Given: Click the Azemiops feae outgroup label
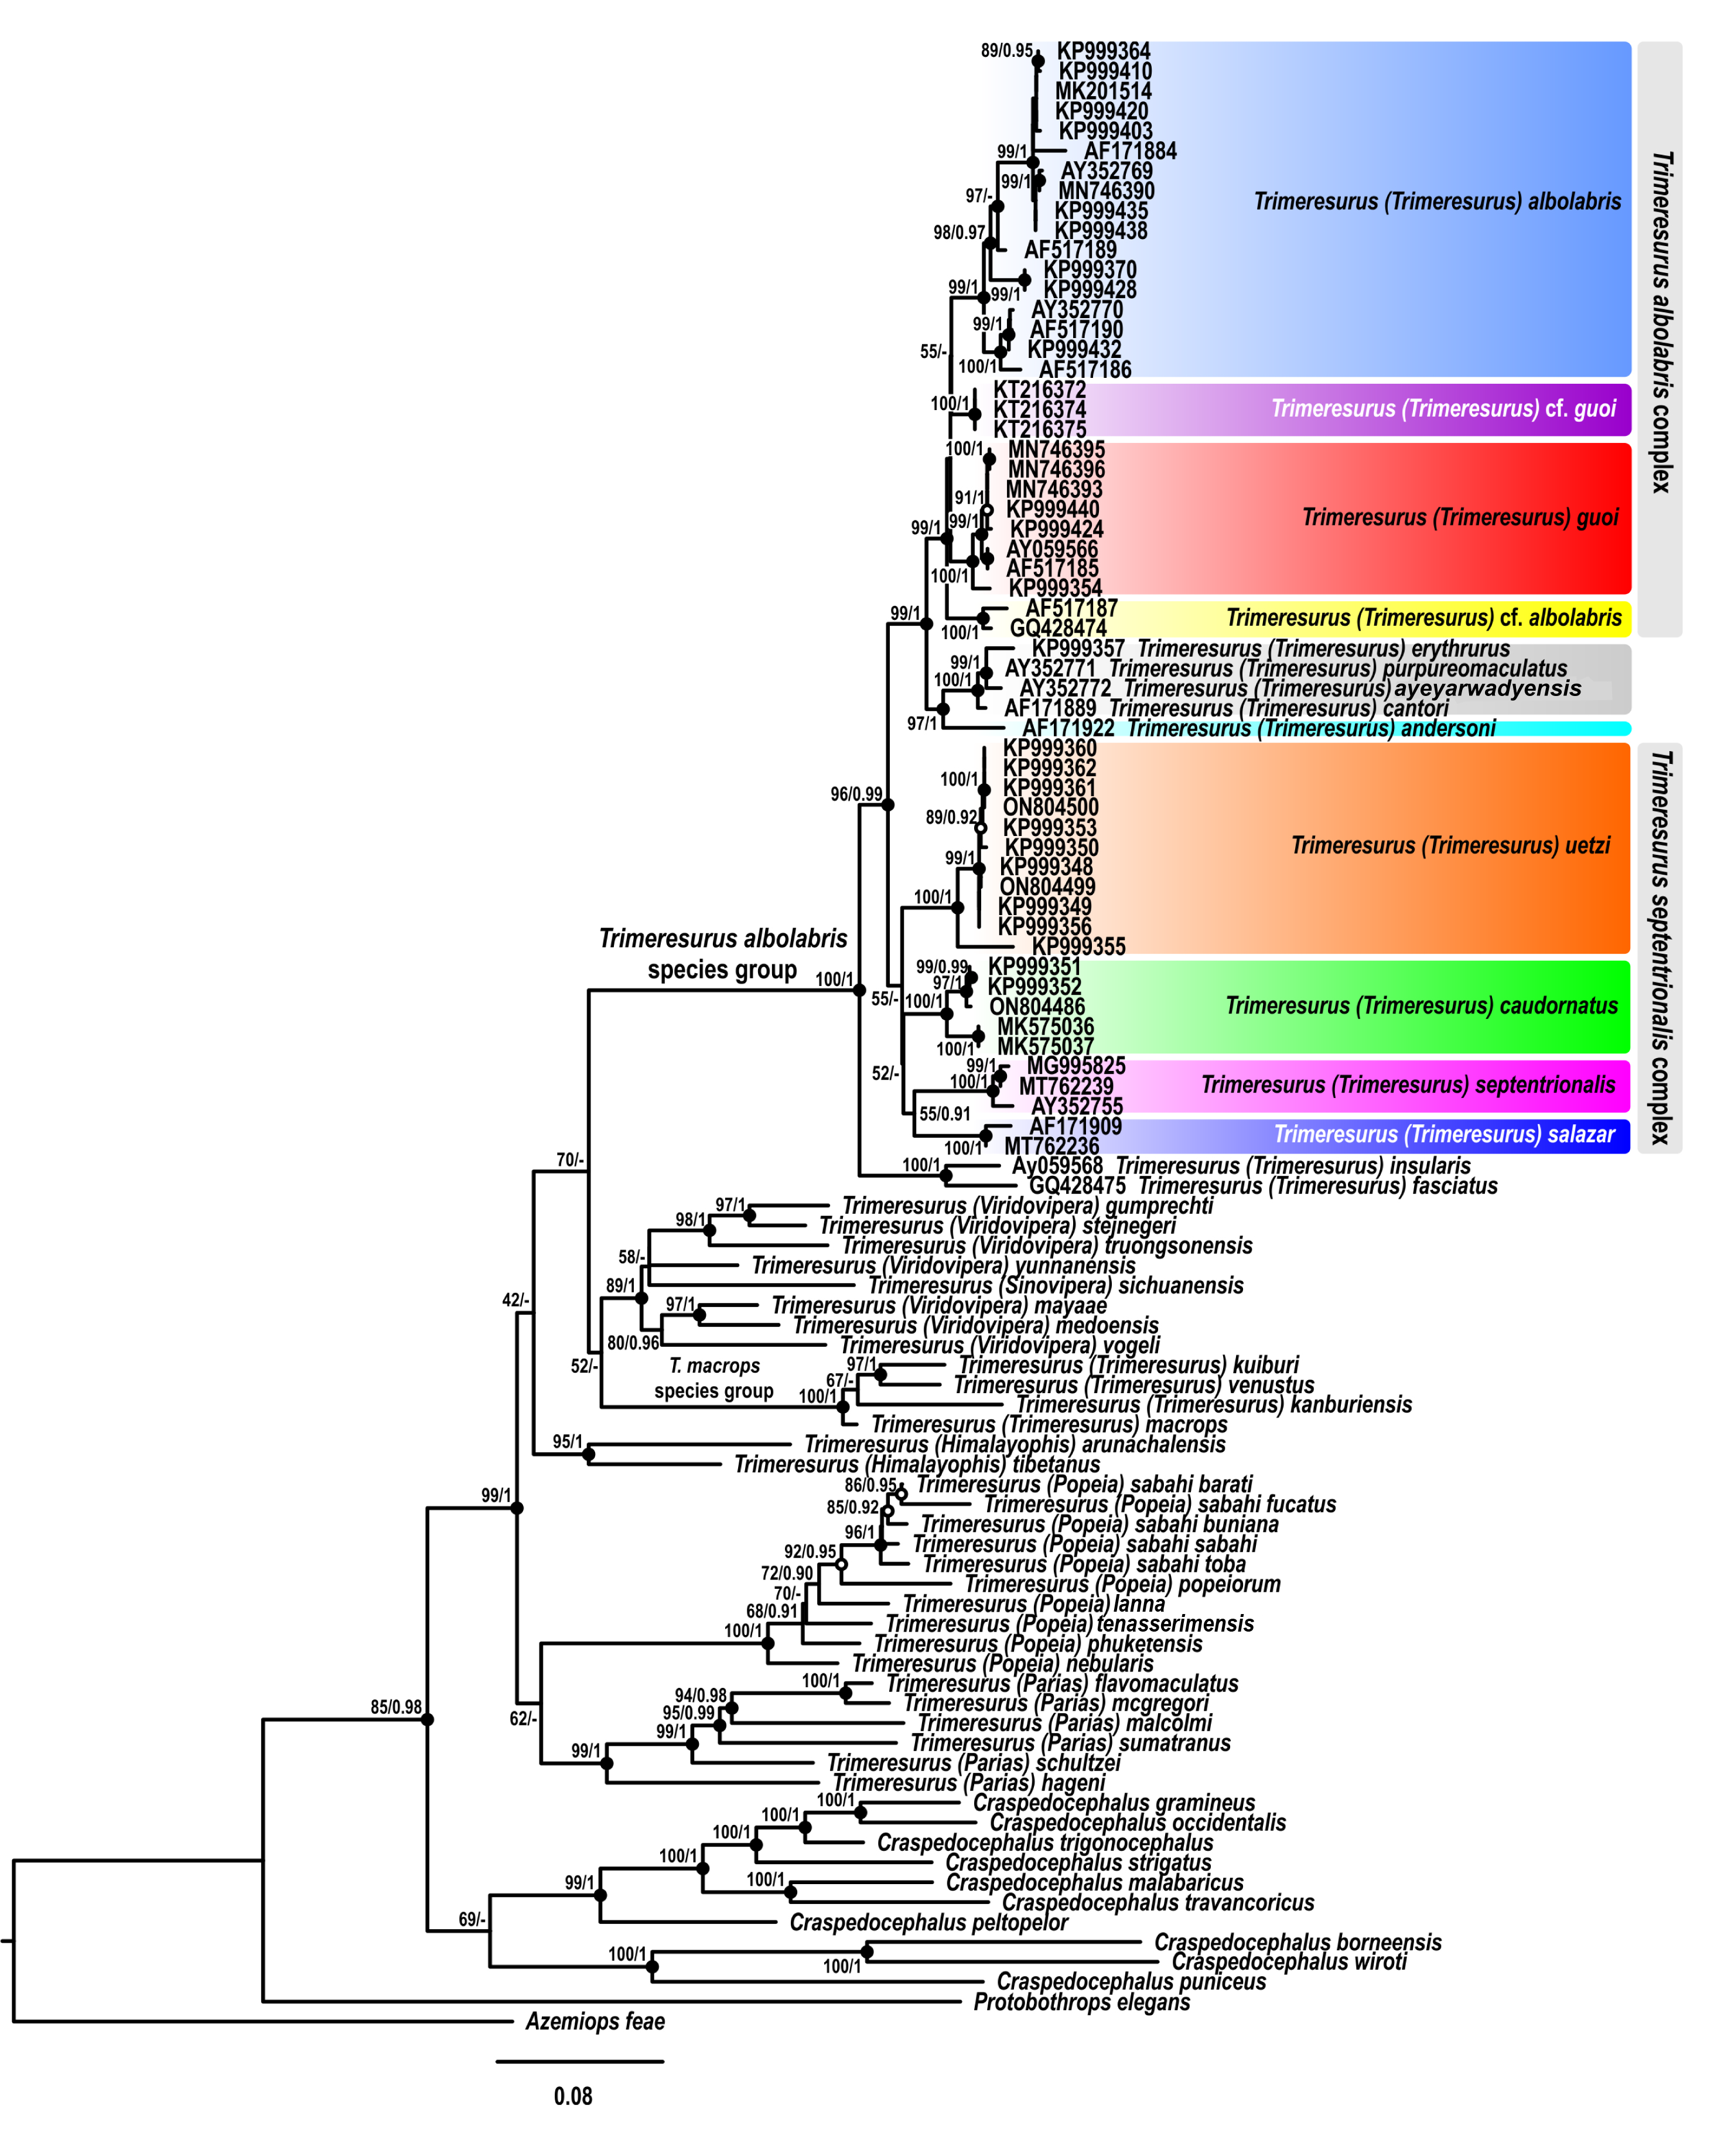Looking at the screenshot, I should point(595,2021).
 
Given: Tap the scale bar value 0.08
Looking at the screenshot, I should point(573,2096).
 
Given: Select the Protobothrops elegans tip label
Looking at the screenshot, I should point(1081,2002).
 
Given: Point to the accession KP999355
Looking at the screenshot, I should point(1078,946).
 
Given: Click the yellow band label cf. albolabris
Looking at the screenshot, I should point(1423,618).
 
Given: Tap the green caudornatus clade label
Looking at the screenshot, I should point(1421,1005).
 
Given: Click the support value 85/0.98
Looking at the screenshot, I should point(396,1707).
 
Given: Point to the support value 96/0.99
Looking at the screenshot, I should point(856,794).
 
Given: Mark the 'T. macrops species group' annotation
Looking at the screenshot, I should point(714,1377).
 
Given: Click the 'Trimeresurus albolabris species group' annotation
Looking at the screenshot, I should point(723,953).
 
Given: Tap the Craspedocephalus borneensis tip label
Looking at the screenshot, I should point(1298,1942).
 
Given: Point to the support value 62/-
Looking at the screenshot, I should point(523,1718).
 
